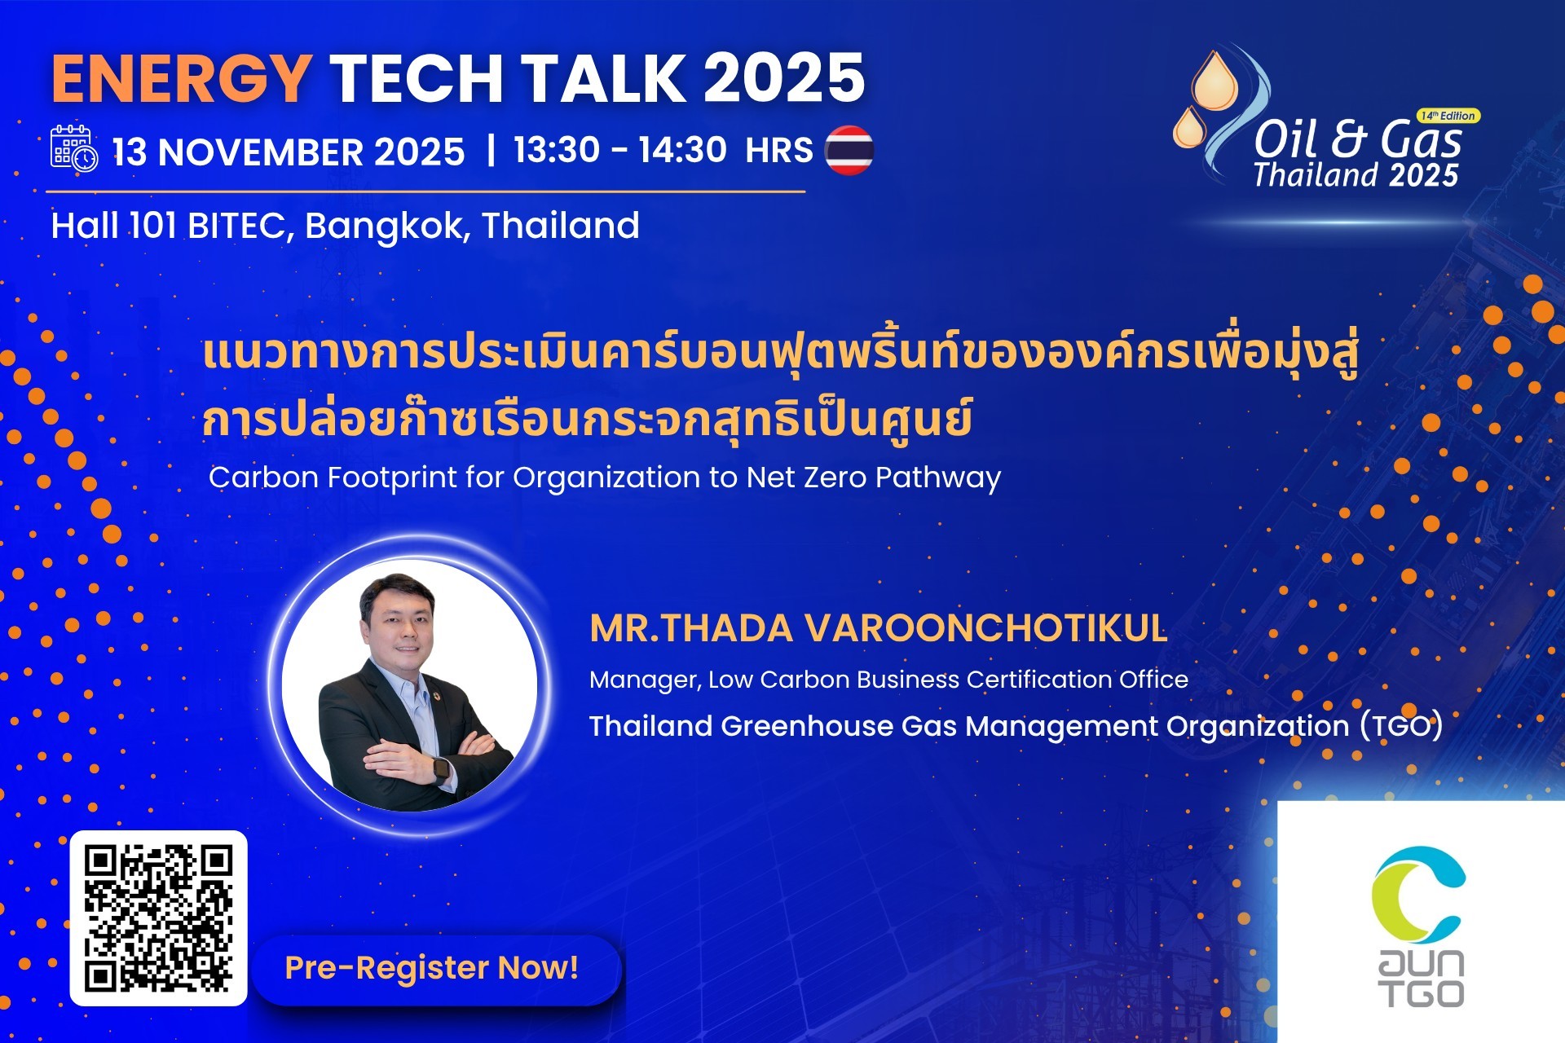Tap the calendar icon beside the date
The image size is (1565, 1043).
point(74,147)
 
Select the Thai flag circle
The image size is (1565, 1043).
point(849,150)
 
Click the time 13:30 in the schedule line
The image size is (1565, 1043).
point(557,150)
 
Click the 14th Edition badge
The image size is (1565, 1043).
point(1448,116)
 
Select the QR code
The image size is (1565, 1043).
point(159,918)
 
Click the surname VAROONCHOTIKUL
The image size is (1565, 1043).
point(985,628)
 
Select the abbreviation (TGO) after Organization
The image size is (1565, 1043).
point(1400,725)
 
